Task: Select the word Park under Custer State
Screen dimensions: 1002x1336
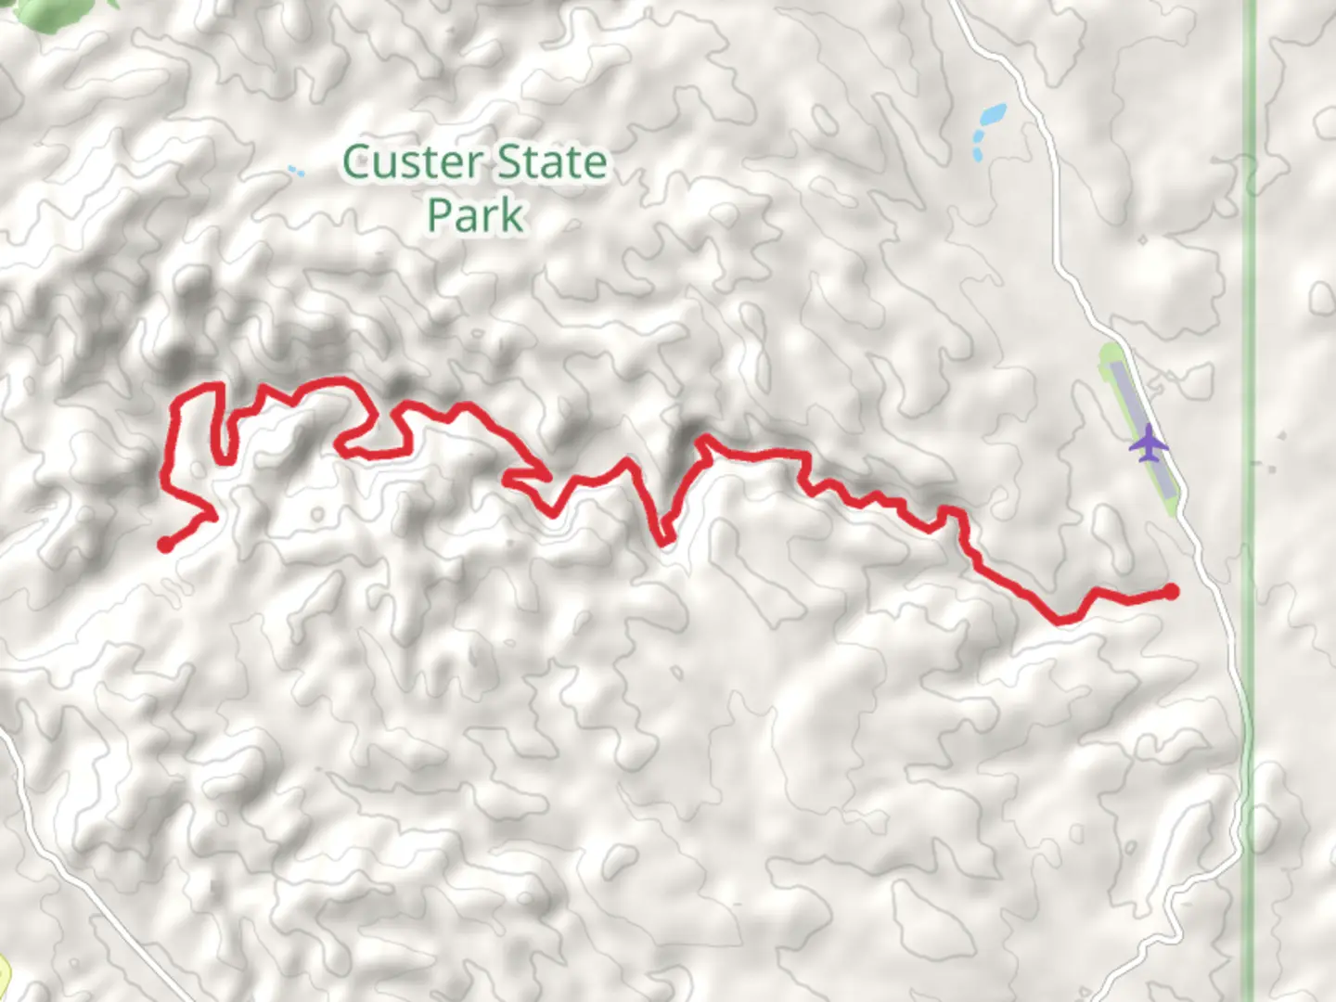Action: [x=476, y=215]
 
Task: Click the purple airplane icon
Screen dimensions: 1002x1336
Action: [x=1149, y=443]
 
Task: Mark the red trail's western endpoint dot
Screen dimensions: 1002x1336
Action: [x=165, y=545]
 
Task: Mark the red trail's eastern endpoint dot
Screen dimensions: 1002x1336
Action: [x=1171, y=591]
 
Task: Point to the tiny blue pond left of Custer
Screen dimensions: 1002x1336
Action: [x=295, y=171]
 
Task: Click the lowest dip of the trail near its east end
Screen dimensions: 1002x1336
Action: [x=1060, y=619]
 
